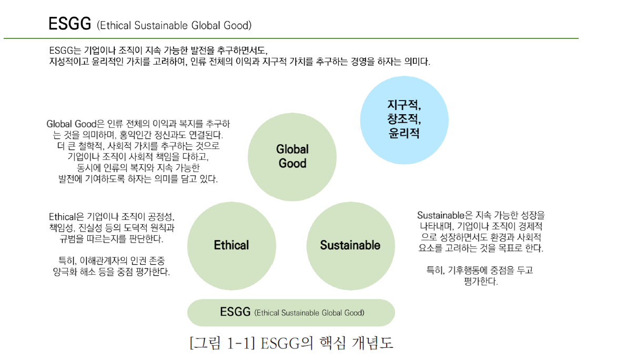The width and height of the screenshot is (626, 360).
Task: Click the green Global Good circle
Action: [292, 156]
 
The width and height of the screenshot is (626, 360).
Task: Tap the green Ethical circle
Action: [231, 245]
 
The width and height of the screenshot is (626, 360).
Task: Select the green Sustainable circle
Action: [350, 245]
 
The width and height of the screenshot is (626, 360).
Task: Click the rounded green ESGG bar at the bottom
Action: [291, 312]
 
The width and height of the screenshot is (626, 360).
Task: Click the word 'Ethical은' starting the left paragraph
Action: [66, 217]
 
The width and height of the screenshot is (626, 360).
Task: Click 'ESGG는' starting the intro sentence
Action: [63, 51]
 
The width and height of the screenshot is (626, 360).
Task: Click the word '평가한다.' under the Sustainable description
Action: [481, 282]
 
